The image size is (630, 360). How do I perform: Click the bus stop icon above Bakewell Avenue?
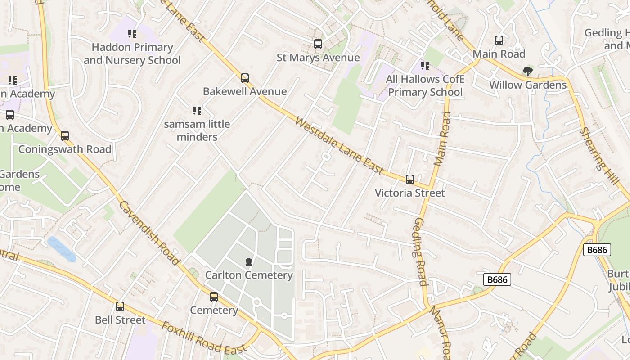click(244, 78)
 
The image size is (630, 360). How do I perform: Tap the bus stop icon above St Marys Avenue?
click(318, 44)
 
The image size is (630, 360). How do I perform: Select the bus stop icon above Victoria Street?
click(409, 180)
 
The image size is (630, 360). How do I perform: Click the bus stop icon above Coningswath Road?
click(65, 136)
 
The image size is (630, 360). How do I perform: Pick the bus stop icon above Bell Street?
click(120, 306)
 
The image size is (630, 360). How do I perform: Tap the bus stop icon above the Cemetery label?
click(214, 297)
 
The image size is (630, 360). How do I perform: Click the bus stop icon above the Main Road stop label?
click(499, 40)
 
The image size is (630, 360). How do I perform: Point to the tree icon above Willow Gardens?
click(528, 71)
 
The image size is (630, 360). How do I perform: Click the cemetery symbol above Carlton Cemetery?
click(248, 262)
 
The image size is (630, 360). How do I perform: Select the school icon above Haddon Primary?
click(132, 34)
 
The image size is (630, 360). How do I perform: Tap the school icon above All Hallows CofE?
click(425, 66)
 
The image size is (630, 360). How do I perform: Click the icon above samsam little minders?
click(197, 110)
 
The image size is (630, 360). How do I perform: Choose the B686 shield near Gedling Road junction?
click(497, 279)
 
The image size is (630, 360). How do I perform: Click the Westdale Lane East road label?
click(340, 146)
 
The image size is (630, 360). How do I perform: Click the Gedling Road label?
click(419, 252)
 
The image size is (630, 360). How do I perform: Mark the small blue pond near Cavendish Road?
click(62, 248)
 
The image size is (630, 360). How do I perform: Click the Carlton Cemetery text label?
click(249, 275)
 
